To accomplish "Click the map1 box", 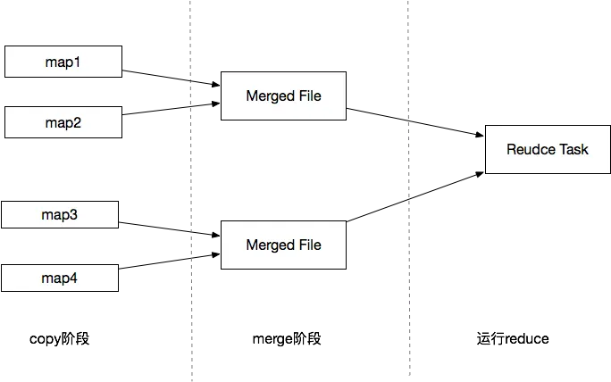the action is point(63,62).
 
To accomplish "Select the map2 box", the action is point(63,123).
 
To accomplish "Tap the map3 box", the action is point(60,215).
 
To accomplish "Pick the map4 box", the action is point(60,278).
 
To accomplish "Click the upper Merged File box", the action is point(283,95).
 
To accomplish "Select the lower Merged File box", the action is point(283,245).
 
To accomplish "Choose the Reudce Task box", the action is point(547,149).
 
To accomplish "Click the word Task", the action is point(574,149).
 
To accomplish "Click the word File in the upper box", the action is point(309,95).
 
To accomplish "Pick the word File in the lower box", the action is point(309,245).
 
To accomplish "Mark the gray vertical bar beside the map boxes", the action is point(188,191).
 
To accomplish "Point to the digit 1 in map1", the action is point(78,62).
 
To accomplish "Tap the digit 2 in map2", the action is point(78,123).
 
